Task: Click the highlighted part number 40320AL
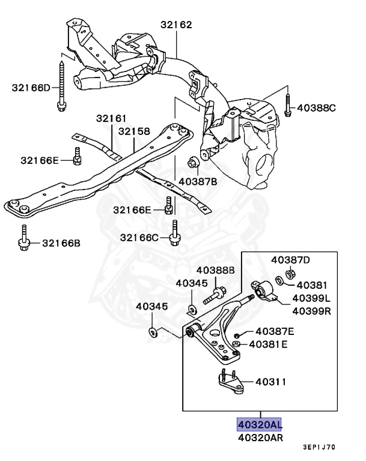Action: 260,424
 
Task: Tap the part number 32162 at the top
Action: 176,25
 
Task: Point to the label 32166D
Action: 31,88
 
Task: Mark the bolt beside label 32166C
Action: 174,234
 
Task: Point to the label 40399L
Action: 311,298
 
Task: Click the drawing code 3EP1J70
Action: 319,447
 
